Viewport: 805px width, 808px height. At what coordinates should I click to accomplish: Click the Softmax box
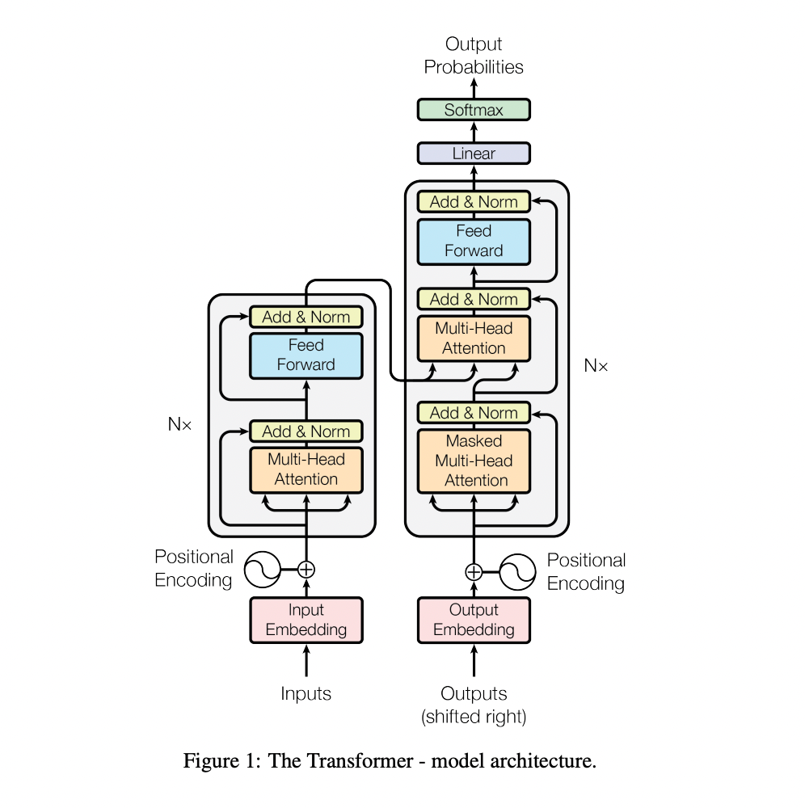[474, 110]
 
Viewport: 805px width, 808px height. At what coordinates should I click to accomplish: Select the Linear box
[474, 154]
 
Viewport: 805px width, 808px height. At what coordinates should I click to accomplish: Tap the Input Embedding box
[306, 620]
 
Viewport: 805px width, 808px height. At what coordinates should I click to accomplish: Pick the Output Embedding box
[474, 620]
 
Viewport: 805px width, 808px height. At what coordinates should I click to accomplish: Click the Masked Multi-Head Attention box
[474, 461]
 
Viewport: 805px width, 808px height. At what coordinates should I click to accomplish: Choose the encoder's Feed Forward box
[306, 356]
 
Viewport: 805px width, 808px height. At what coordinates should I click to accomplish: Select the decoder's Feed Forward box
[474, 242]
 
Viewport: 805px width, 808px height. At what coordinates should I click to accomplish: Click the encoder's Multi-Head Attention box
[306, 470]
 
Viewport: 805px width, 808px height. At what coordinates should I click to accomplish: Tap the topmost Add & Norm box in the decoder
[474, 201]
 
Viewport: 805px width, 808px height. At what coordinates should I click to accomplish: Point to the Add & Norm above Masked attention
[474, 413]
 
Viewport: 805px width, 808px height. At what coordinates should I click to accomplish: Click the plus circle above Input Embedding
[306, 570]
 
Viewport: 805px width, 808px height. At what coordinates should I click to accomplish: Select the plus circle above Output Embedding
[474, 572]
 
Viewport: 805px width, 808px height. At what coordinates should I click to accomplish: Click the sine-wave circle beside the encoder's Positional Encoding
[263, 570]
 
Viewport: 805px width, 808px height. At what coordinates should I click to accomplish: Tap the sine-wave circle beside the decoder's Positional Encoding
[517, 572]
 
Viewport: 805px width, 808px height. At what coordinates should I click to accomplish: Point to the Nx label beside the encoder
[179, 424]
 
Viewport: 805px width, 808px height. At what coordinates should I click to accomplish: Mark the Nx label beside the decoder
[596, 365]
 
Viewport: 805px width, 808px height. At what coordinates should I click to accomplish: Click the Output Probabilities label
[474, 56]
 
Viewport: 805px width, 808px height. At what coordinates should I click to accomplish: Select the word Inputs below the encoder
[306, 693]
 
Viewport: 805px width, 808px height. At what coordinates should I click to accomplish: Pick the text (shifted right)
[474, 717]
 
